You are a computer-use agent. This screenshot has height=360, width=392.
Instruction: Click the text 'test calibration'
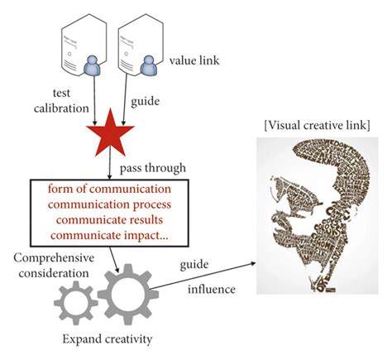pos(69,100)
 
